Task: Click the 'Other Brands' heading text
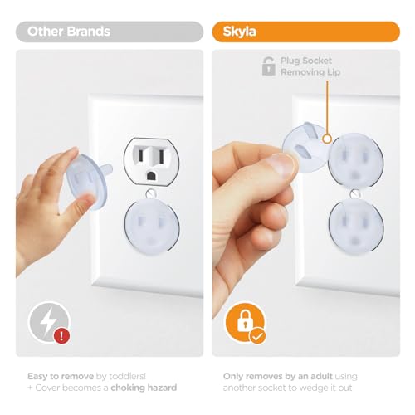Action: [69, 32]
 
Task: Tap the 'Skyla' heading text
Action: [239, 32]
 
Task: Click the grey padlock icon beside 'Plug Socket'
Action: [268, 66]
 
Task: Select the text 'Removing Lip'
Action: [310, 72]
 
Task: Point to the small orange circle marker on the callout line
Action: [327, 139]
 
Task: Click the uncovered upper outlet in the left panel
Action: [151, 162]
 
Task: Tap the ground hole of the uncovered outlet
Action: [151, 176]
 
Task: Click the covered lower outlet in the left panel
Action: [152, 227]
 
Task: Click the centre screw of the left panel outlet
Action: [151, 193]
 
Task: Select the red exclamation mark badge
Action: [61, 335]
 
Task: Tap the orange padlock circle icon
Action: [245, 323]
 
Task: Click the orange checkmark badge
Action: [257, 336]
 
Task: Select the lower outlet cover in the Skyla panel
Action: [356, 225]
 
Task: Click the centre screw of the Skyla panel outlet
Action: [354, 193]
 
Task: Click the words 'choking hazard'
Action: [144, 388]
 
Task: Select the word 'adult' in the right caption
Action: [321, 376]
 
